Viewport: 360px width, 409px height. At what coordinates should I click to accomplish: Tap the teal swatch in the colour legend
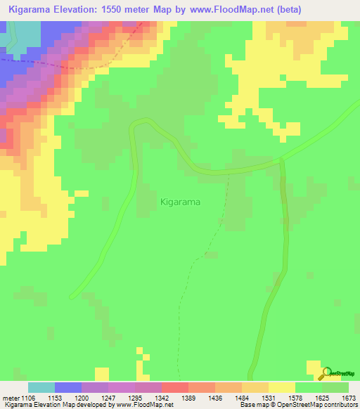41,387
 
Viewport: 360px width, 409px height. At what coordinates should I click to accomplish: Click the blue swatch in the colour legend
67,387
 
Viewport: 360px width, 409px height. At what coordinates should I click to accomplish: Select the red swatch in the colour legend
174,387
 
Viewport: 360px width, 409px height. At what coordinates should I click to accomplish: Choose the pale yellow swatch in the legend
281,387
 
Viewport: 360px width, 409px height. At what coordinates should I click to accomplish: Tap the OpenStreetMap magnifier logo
326,372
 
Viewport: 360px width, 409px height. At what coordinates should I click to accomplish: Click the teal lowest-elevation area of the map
21,35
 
